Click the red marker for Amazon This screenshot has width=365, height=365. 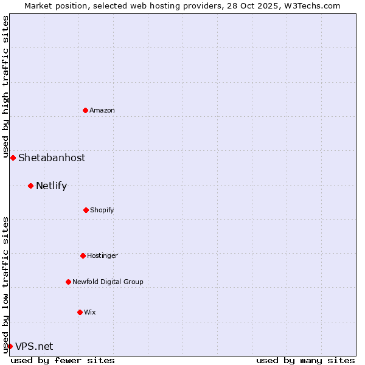(85, 110)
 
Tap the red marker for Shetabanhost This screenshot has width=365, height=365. (13, 158)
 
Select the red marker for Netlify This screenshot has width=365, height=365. (30, 186)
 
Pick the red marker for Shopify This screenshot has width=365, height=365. (86, 210)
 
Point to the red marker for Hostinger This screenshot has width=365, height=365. (83, 255)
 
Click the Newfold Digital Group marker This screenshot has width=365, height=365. (68, 282)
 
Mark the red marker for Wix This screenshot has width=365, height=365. (80, 312)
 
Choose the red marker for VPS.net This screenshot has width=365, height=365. (10, 346)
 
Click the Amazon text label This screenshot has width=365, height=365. (102, 110)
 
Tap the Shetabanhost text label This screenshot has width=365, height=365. (52, 158)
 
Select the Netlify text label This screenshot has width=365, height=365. (51, 186)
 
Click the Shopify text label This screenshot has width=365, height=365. (102, 210)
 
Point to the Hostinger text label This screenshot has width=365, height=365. (102, 255)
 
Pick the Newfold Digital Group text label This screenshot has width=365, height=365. (108, 282)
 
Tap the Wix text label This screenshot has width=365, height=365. (90, 312)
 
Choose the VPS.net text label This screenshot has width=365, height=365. (34, 346)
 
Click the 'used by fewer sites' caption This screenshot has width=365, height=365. (63, 360)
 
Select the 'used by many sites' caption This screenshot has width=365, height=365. (305, 360)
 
